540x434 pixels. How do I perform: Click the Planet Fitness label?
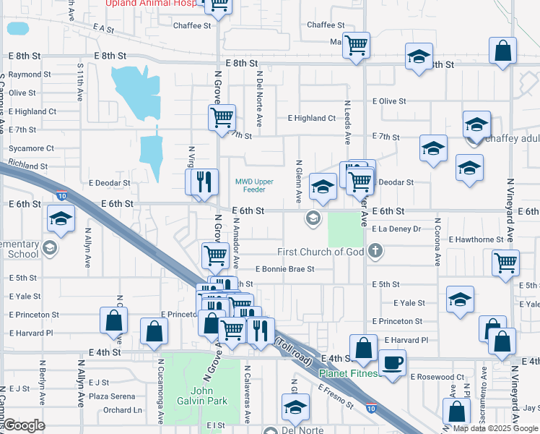(x=349, y=373)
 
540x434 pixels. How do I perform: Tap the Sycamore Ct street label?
(x=31, y=148)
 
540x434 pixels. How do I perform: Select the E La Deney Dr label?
(x=396, y=229)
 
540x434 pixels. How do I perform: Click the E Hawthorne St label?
(x=476, y=239)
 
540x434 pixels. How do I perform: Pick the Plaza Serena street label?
(x=112, y=396)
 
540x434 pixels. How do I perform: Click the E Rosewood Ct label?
(x=438, y=377)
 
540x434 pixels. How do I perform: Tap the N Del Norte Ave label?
(x=258, y=91)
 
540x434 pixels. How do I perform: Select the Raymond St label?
(x=30, y=74)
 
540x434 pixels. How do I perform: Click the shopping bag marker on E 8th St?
(x=502, y=51)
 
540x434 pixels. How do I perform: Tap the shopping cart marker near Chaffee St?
(x=356, y=45)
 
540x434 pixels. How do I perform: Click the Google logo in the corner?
(x=24, y=425)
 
